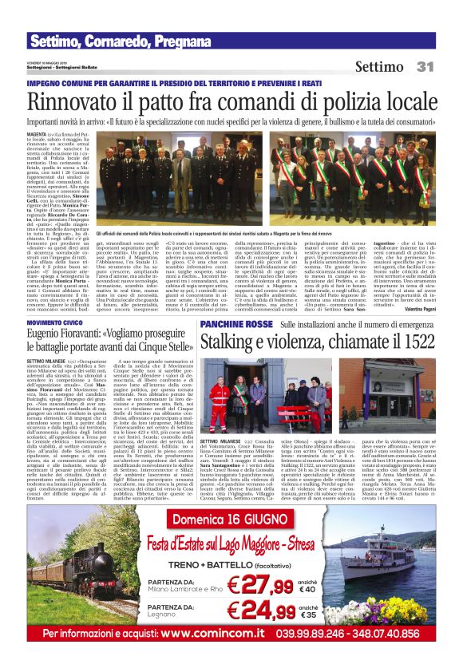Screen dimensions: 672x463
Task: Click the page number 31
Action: pyautogui.click(x=424, y=66)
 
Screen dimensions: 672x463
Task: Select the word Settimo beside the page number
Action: pyautogui.click(x=379, y=66)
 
